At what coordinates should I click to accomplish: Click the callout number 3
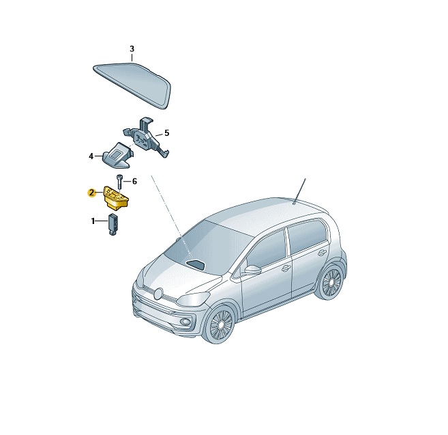point(132,49)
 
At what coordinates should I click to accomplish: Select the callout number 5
point(166,133)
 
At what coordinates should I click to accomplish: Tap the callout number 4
point(91,156)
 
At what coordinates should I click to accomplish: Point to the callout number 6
point(134,182)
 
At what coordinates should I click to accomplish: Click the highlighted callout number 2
point(91,193)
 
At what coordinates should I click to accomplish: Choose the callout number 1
point(93,221)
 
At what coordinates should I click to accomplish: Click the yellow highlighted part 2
point(116,196)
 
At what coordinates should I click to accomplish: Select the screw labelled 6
point(119,181)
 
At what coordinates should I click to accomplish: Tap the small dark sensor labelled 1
point(113,225)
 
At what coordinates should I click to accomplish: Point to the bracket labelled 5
point(146,136)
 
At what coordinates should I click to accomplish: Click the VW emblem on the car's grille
point(158,294)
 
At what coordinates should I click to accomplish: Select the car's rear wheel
point(331,282)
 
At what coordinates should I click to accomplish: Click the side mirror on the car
point(253,269)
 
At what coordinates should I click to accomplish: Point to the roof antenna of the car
point(299,191)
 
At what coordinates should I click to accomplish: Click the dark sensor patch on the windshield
point(196,264)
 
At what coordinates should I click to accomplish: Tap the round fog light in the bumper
point(187,322)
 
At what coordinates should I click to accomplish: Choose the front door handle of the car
point(286,268)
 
